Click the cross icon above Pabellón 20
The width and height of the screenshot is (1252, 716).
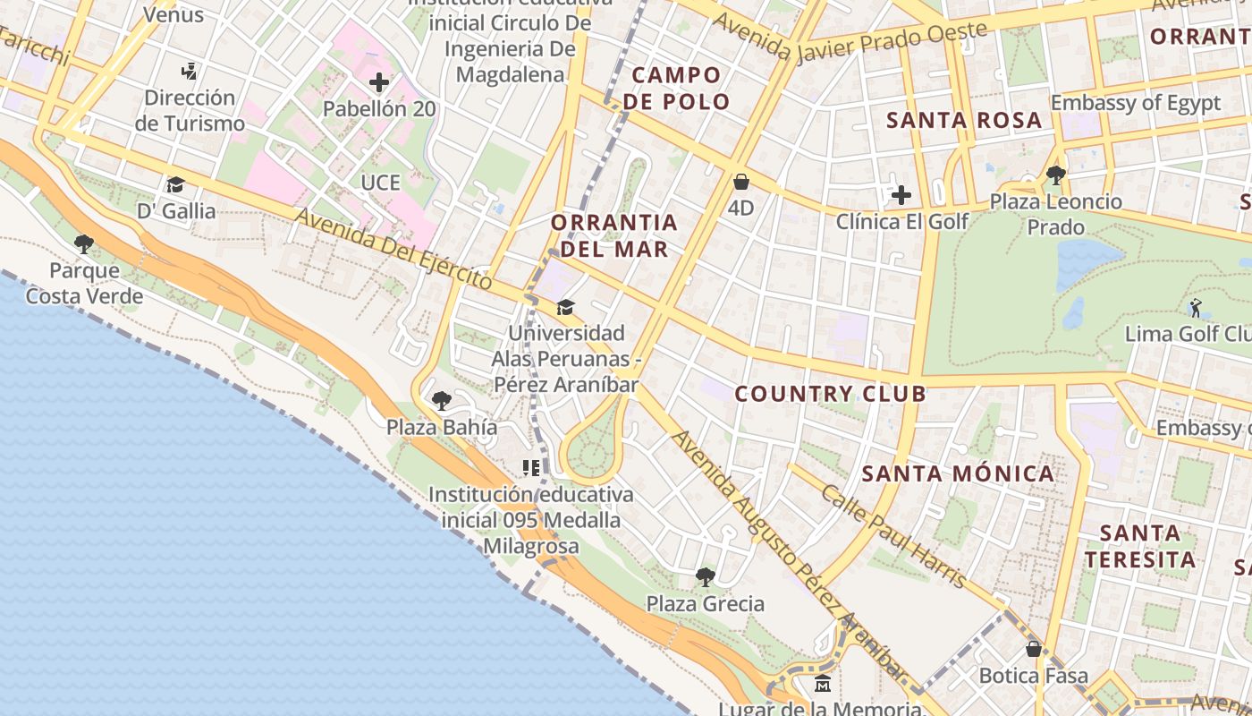(x=379, y=83)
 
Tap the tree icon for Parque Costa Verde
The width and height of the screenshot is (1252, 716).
(x=84, y=243)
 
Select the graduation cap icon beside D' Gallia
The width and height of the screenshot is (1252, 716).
(x=175, y=184)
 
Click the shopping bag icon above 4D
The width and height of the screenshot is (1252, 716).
(x=741, y=183)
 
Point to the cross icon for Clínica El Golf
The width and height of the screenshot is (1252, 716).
(x=901, y=195)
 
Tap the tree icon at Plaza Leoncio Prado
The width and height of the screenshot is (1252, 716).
(x=1055, y=175)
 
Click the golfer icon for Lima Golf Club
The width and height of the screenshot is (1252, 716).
(x=1196, y=308)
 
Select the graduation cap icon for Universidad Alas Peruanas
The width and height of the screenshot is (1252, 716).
(x=565, y=307)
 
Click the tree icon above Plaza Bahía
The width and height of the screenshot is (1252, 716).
(x=441, y=400)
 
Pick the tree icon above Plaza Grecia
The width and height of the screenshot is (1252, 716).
(x=706, y=576)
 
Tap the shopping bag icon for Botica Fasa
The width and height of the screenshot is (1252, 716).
(x=1034, y=649)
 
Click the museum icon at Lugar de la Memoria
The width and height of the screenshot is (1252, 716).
(x=823, y=684)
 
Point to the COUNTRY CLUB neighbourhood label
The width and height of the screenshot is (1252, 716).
(x=830, y=394)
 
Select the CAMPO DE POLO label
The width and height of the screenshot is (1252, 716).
(x=677, y=88)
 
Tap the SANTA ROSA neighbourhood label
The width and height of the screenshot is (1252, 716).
(x=964, y=120)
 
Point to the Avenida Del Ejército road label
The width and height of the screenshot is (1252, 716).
(x=393, y=248)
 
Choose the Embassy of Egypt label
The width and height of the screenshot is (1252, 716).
(x=1135, y=103)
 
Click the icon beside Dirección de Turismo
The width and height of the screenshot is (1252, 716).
(x=189, y=71)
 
